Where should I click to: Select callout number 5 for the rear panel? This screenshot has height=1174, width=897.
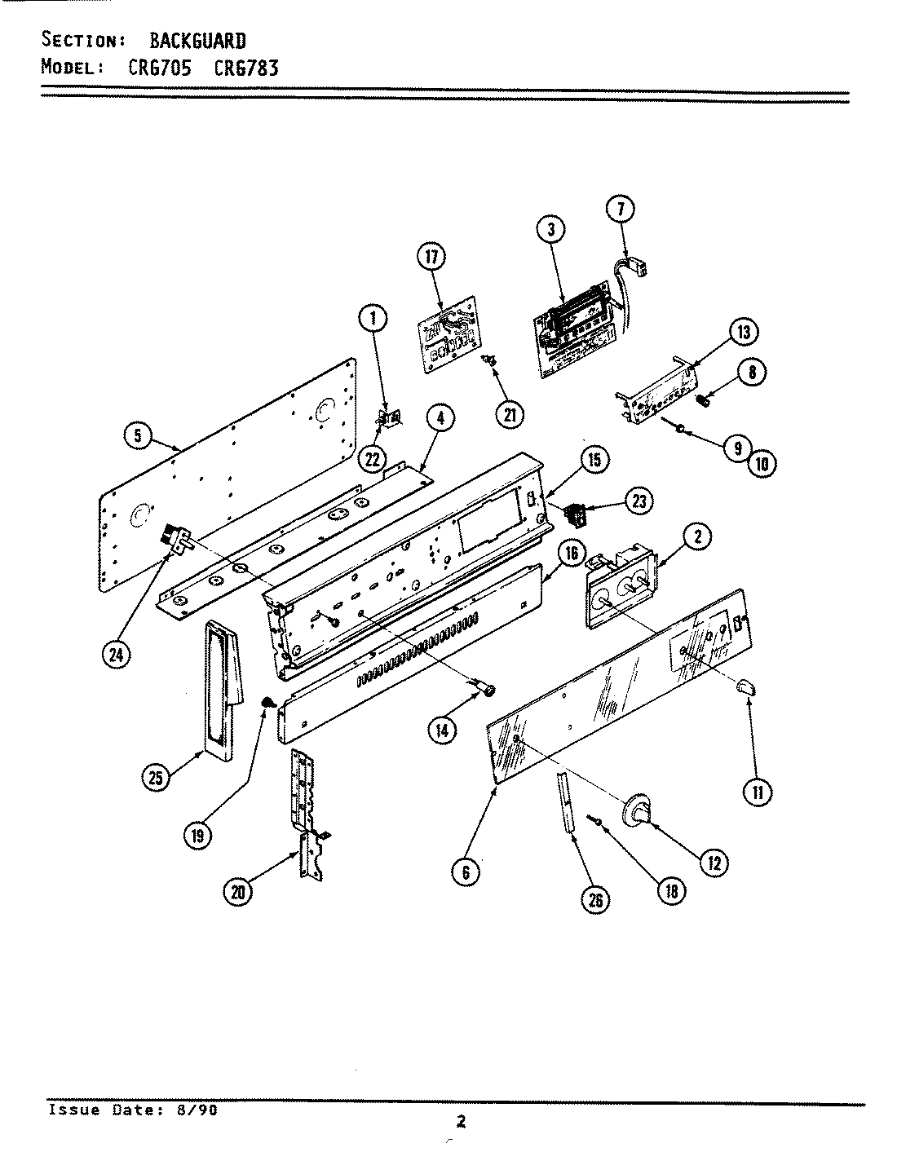tap(138, 436)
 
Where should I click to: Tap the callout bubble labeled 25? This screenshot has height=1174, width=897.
tap(156, 778)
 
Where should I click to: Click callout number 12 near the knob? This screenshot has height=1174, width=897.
tap(714, 863)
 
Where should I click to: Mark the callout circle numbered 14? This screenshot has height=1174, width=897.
tap(441, 730)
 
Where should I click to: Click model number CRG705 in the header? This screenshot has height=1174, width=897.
tap(161, 68)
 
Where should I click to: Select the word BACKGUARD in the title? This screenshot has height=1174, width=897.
tap(197, 40)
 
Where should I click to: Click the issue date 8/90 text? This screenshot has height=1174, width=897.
tap(195, 1110)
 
